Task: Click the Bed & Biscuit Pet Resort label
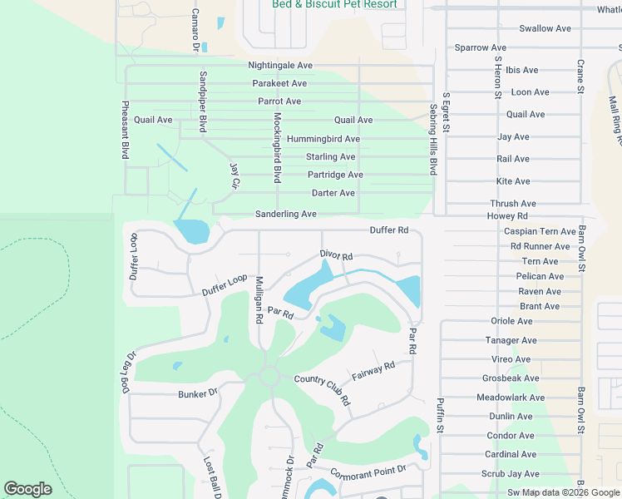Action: pyautogui.click(x=334, y=4)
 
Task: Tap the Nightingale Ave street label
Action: pyautogui.click(x=280, y=65)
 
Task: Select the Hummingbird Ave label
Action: pyautogui.click(x=323, y=139)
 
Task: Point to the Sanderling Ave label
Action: pyautogui.click(x=285, y=214)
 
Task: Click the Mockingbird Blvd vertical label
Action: pyautogui.click(x=278, y=147)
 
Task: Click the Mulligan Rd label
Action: pyautogui.click(x=259, y=299)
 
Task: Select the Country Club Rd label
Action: pyautogui.click(x=323, y=390)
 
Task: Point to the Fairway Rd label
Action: pyautogui.click(x=373, y=370)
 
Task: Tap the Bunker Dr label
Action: pyautogui.click(x=197, y=393)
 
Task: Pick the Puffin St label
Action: pyautogui.click(x=441, y=417)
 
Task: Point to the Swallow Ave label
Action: pyautogui.click(x=545, y=28)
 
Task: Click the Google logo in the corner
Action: pyautogui.click(x=27, y=489)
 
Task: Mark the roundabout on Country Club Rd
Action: pyautogui.click(x=269, y=376)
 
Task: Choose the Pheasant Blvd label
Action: pyautogui.click(x=126, y=130)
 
